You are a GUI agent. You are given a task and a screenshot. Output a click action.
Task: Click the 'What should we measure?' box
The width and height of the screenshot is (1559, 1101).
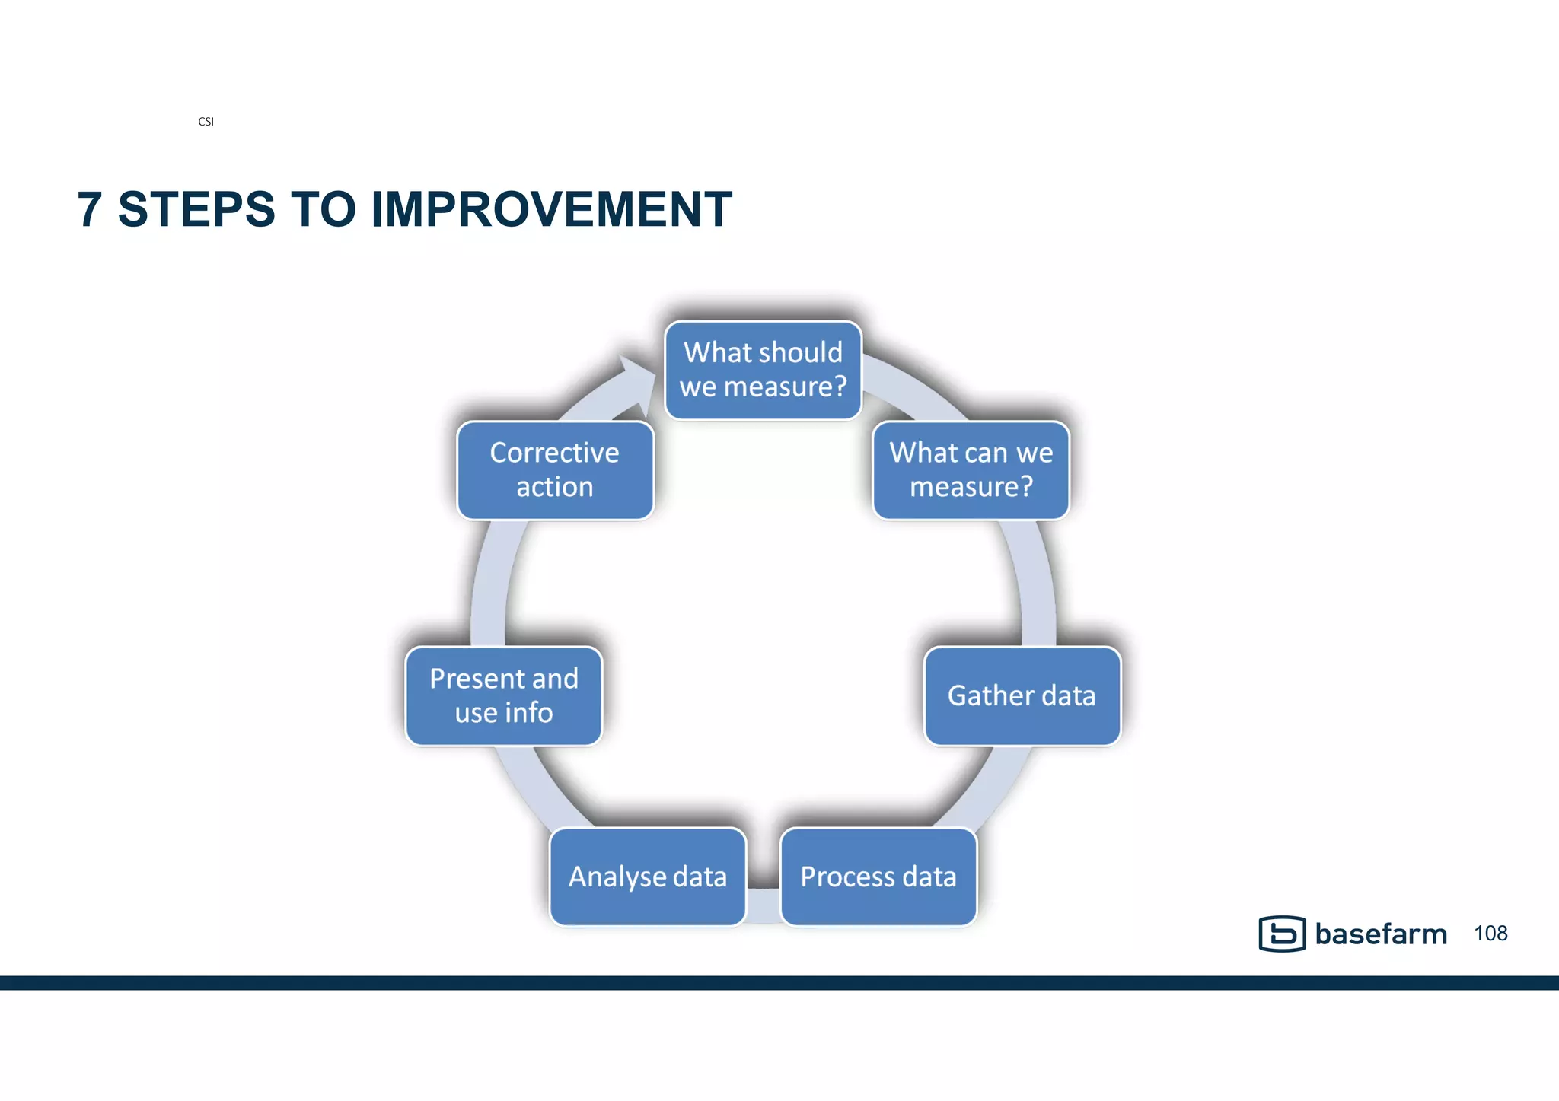click(763, 370)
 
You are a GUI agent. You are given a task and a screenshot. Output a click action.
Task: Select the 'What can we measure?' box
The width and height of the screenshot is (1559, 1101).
click(971, 470)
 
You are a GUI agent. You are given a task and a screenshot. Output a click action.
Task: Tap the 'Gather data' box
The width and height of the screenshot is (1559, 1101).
click(1022, 695)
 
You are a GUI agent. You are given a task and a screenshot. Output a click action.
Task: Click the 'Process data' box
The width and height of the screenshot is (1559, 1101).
click(878, 877)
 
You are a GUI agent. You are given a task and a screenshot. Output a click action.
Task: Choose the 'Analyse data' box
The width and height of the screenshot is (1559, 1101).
click(647, 877)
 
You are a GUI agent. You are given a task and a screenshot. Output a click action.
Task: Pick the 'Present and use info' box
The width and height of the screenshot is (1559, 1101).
click(503, 695)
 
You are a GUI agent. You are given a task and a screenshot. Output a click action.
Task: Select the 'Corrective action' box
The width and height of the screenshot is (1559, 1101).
click(554, 470)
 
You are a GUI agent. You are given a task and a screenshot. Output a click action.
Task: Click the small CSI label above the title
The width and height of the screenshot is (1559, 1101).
click(206, 122)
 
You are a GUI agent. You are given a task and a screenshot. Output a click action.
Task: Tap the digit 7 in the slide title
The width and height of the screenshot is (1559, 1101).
click(90, 210)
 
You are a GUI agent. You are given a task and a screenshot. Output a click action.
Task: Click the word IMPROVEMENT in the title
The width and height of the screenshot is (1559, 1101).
click(551, 210)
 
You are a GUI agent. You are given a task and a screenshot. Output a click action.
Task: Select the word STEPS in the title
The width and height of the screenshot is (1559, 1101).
click(196, 210)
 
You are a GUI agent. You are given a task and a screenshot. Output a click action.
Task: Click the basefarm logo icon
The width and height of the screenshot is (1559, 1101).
click(1282, 934)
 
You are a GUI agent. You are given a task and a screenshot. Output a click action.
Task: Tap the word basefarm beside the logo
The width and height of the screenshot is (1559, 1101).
click(1381, 934)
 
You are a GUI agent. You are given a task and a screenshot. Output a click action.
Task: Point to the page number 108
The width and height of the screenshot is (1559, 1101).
click(1490, 934)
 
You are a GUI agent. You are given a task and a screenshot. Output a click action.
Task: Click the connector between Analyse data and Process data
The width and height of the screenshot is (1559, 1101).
click(764, 905)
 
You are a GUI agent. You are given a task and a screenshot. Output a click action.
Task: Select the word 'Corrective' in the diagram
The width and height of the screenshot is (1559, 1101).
click(554, 453)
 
